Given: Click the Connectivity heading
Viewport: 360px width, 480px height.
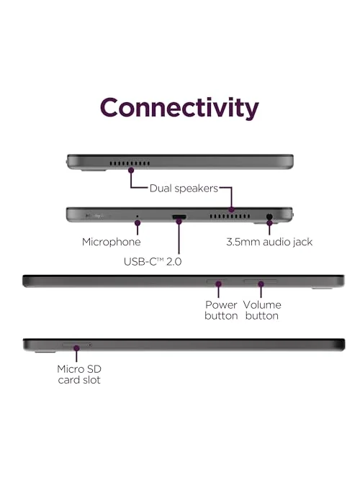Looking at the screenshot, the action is pyautogui.click(x=179, y=109).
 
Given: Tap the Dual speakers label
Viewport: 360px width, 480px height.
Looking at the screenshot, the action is pyautogui.click(x=184, y=189).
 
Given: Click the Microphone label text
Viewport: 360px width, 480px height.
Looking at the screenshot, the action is pyautogui.click(x=111, y=242).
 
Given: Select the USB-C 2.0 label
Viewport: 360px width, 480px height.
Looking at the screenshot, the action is pyautogui.click(x=153, y=261).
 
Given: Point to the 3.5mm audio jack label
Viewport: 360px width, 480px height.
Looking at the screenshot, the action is pyautogui.click(x=269, y=242).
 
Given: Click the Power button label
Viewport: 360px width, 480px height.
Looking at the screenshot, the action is pyautogui.click(x=221, y=310).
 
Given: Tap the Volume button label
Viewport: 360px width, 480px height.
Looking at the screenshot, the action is pyautogui.click(x=262, y=310).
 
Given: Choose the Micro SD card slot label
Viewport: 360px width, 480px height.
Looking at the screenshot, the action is pyautogui.click(x=79, y=374).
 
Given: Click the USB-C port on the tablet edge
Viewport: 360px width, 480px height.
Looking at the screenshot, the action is pyautogui.click(x=179, y=217).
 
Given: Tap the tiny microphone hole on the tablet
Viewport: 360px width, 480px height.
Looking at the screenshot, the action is pyautogui.click(x=138, y=216).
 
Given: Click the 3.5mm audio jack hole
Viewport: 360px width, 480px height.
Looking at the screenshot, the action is pyautogui.click(x=269, y=217).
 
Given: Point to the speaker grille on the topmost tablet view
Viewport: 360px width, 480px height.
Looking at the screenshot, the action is pyautogui.click(x=130, y=163).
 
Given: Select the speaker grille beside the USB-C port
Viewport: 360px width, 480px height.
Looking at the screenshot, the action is pyautogui.click(x=230, y=217).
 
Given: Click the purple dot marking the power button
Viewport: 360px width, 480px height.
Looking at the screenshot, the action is pyautogui.click(x=218, y=284).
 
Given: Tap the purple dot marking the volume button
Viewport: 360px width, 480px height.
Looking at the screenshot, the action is pyautogui.click(x=261, y=284).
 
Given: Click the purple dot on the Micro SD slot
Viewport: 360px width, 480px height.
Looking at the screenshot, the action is pyautogui.click(x=76, y=348).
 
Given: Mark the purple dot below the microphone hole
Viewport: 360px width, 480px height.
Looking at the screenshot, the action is pyautogui.click(x=138, y=223).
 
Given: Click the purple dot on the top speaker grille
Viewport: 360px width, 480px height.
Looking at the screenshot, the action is pyautogui.click(x=131, y=171).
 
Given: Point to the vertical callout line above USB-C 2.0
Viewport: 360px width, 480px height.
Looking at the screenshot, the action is pyautogui.click(x=179, y=238).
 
